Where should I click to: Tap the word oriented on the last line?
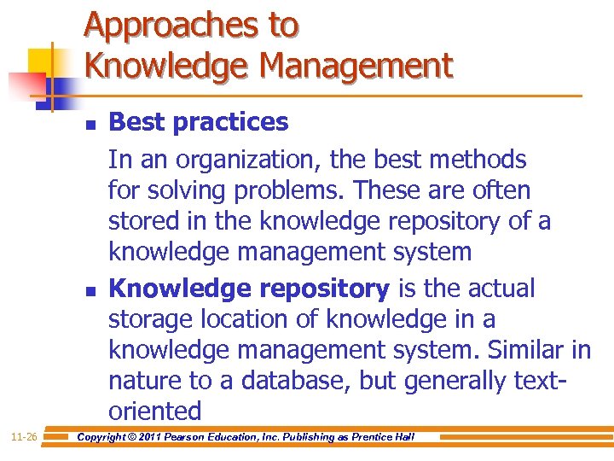154,411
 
